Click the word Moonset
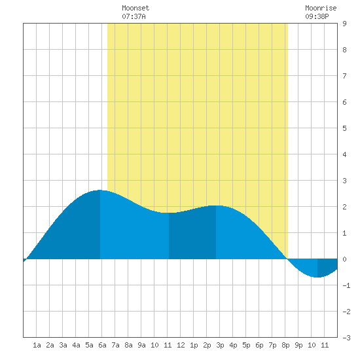pyautogui.click(x=135, y=8)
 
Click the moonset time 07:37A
pyautogui.click(x=134, y=16)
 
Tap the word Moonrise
pyautogui.click(x=321, y=8)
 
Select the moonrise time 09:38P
pyautogui.click(x=317, y=16)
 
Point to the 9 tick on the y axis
pyautogui.click(x=344, y=24)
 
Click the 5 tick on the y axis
pyautogui.click(x=344, y=128)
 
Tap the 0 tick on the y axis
pyautogui.click(x=344, y=259)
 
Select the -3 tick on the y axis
pyautogui.click(x=346, y=338)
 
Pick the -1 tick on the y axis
pyautogui.click(x=346, y=285)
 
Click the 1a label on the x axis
pyautogui.click(x=37, y=345)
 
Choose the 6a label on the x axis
pyautogui.click(x=102, y=345)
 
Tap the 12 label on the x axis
pyautogui.click(x=181, y=345)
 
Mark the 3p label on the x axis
pyautogui.click(x=220, y=345)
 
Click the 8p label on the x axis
pyautogui.click(x=285, y=345)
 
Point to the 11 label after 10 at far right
pyautogui.click(x=325, y=345)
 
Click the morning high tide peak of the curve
pyautogui.click(x=100, y=190)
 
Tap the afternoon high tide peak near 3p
pyautogui.click(x=216, y=206)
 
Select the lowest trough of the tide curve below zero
pyautogui.click(x=317, y=277)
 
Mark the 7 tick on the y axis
pyautogui.click(x=344, y=76)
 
